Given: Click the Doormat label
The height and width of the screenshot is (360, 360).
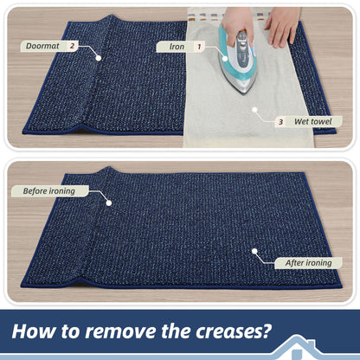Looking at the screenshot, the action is point(42,46).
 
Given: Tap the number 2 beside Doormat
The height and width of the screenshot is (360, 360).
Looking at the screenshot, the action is point(72,46).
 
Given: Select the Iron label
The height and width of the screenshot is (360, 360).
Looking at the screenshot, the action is point(177,47).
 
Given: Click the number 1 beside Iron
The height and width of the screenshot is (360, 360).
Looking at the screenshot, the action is point(199,47).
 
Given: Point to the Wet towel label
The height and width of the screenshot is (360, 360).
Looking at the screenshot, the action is point(313,121).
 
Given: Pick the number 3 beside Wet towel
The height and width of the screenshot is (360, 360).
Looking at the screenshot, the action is point(280,122).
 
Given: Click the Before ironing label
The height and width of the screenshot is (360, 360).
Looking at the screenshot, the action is point(49,191).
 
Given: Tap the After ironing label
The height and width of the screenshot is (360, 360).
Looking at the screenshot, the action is point(308,263).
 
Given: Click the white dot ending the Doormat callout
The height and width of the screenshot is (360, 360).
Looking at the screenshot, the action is point(99,58).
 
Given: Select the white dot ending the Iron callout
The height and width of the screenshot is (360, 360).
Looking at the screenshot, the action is point(225,59).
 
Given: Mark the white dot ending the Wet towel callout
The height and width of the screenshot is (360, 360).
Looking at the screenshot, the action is point(254,110).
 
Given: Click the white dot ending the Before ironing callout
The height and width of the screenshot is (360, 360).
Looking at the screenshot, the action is point(109,203).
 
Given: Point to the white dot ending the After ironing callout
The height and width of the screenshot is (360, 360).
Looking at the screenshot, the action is point(254,251).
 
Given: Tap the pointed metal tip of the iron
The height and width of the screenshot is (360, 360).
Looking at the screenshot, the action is point(245,93).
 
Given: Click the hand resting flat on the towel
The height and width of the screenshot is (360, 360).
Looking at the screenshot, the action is point(282,26).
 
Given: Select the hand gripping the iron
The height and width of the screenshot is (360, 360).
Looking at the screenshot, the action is point(238,24).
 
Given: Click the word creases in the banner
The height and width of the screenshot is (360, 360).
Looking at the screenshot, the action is point(234,331).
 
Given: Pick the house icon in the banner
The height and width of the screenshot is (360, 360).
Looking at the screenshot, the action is point(297,348).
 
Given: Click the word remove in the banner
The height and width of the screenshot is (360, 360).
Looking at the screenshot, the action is point(121,331).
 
